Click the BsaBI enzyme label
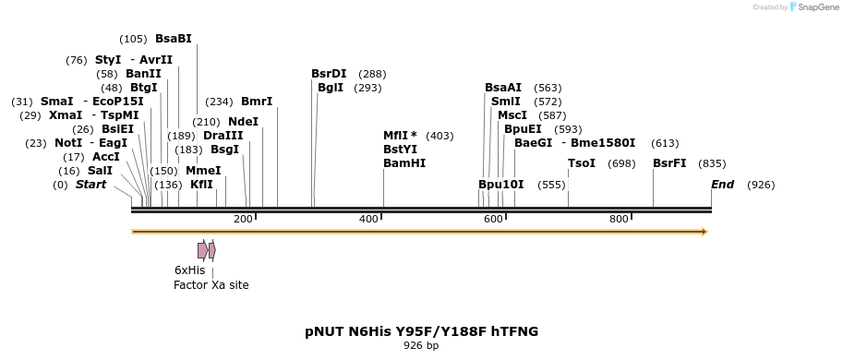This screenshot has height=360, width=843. (173, 39)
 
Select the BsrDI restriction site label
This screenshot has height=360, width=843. (329, 74)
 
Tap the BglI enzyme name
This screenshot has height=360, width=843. (330, 88)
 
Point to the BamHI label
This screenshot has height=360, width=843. (404, 163)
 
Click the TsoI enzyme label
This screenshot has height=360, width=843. (581, 163)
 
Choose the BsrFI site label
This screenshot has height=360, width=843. (669, 163)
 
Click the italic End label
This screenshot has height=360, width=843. (722, 185)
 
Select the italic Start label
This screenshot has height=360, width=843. (90, 185)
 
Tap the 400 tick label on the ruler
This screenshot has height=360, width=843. (368, 219)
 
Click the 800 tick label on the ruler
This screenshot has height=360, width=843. (619, 219)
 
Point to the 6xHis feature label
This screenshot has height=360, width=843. (189, 270)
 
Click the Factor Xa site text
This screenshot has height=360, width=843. (211, 285)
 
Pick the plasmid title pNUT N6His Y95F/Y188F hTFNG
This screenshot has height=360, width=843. (421, 330)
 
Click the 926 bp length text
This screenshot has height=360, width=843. (421, 346)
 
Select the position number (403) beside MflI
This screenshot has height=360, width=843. (440, 136)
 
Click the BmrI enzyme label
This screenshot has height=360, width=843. (257, 102)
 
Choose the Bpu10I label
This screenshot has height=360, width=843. (500, 185)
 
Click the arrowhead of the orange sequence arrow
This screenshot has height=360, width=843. (705, 232)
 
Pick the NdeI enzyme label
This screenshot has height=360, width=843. (243, 122)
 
